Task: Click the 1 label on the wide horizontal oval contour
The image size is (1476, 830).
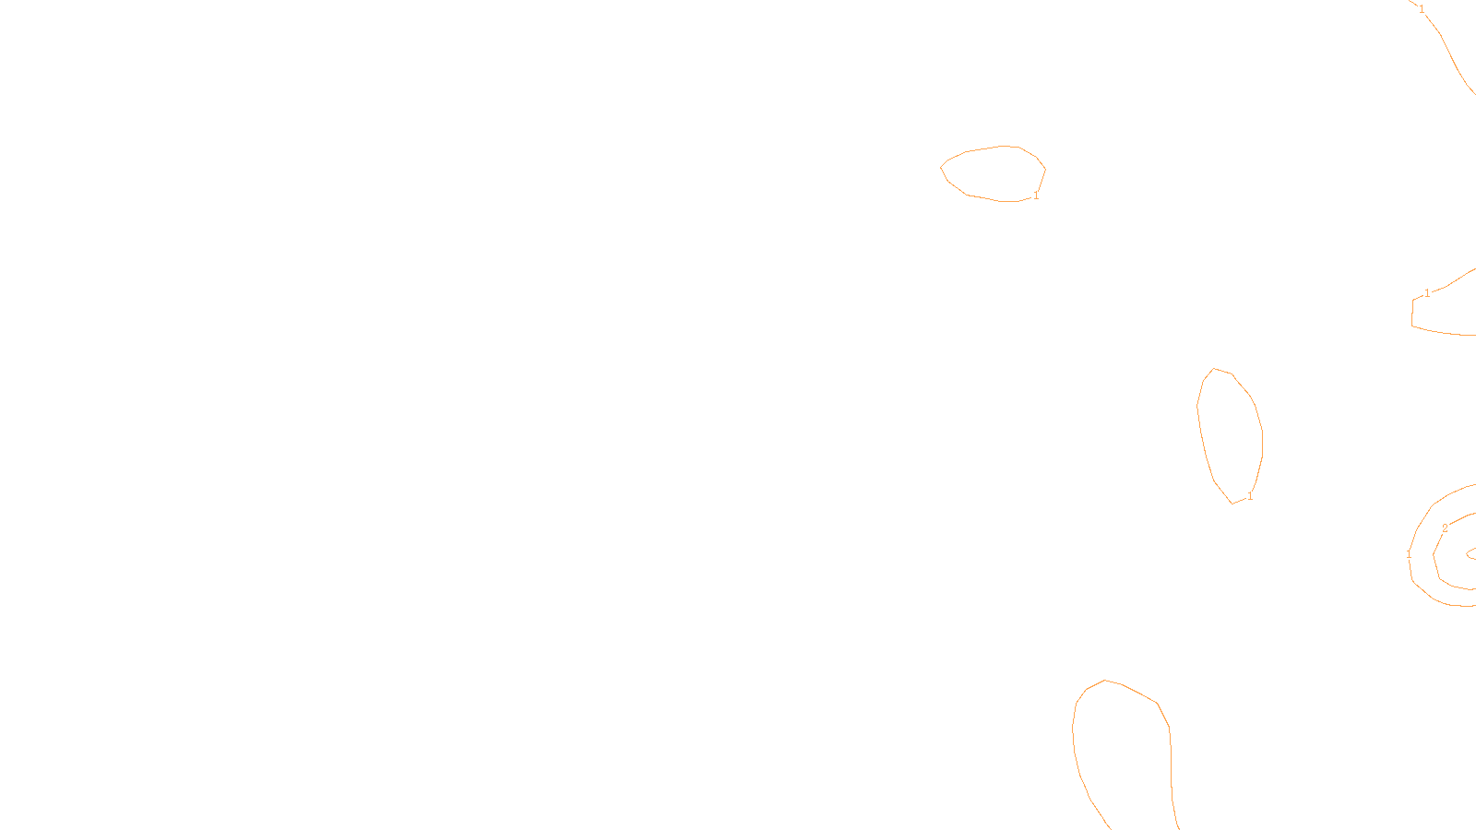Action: (x=1036, y=196)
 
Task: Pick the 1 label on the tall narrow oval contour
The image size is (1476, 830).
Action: (x=1250, y=496)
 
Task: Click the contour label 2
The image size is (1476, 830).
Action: (x=1445, y=528)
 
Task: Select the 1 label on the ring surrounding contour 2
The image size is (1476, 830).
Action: (x=1409, y=554)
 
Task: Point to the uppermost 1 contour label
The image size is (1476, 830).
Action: (x=1422, y=9)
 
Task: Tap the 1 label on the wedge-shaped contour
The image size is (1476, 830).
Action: (x=1427, y=293)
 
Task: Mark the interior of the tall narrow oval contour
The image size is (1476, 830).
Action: (x=1231, y=433)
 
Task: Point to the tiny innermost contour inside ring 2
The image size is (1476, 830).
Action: (x=1472, y=554)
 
